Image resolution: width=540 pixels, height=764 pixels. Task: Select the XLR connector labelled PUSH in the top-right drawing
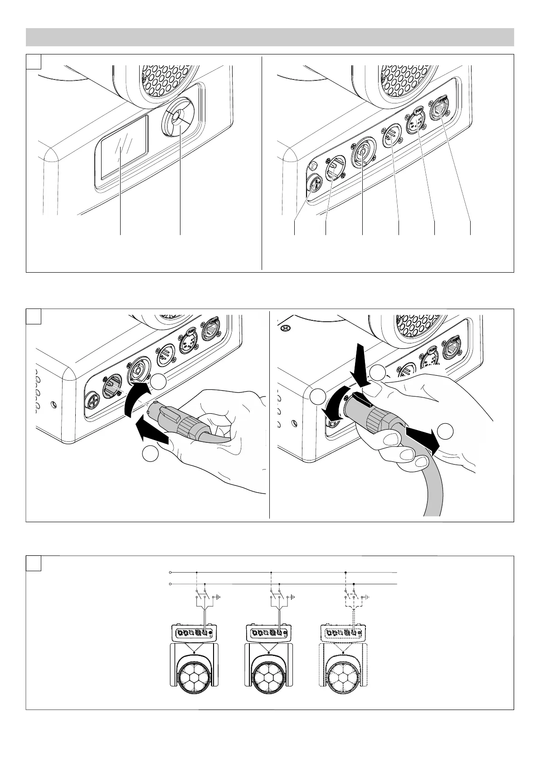417,122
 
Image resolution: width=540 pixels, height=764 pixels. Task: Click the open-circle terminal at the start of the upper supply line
170,572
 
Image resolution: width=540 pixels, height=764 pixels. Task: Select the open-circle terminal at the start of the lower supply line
170,584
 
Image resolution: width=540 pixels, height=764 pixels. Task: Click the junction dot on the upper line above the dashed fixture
345,573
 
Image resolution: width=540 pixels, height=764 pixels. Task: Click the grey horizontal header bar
270,37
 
